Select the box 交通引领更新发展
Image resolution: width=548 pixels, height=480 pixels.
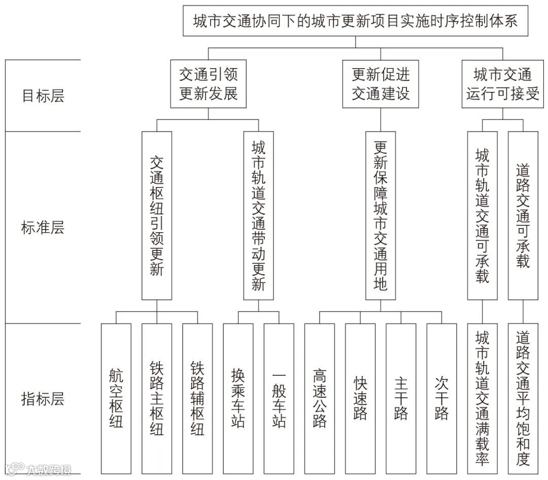tap(208, 84)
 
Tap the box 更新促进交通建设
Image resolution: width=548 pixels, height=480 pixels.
tap(381, 84)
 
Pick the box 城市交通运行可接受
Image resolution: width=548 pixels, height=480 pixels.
tap(502, 84)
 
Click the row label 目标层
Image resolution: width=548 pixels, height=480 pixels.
tap(43, 96)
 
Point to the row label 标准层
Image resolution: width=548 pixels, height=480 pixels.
tap(43, 228)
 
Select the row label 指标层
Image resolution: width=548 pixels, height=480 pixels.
tap(43, 399)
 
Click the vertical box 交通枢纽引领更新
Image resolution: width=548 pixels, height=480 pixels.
tap(157, 215)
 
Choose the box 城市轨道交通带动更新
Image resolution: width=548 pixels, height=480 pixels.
tap(258, 215)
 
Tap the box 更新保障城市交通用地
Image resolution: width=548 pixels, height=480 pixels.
tap(381, 215)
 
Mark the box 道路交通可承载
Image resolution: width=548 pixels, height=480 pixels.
tap(523, 215)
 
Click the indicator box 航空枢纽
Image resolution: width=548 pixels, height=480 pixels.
tap(116, 398)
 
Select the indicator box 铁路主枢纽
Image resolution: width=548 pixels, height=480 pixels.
tap(157, 398)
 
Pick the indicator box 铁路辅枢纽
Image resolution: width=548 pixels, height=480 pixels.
tap(197, 398)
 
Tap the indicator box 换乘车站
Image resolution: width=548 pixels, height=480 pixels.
tap(238, 398)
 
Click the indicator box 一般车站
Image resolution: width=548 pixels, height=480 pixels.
tap(279, 398)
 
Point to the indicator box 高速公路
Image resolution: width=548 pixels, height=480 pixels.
tap(320, 398)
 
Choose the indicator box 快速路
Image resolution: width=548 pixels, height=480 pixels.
tap(360, 398)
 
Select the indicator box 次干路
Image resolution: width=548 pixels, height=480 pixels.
tap(441, 398)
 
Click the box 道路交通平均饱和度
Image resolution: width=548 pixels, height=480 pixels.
tap(523, 398)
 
